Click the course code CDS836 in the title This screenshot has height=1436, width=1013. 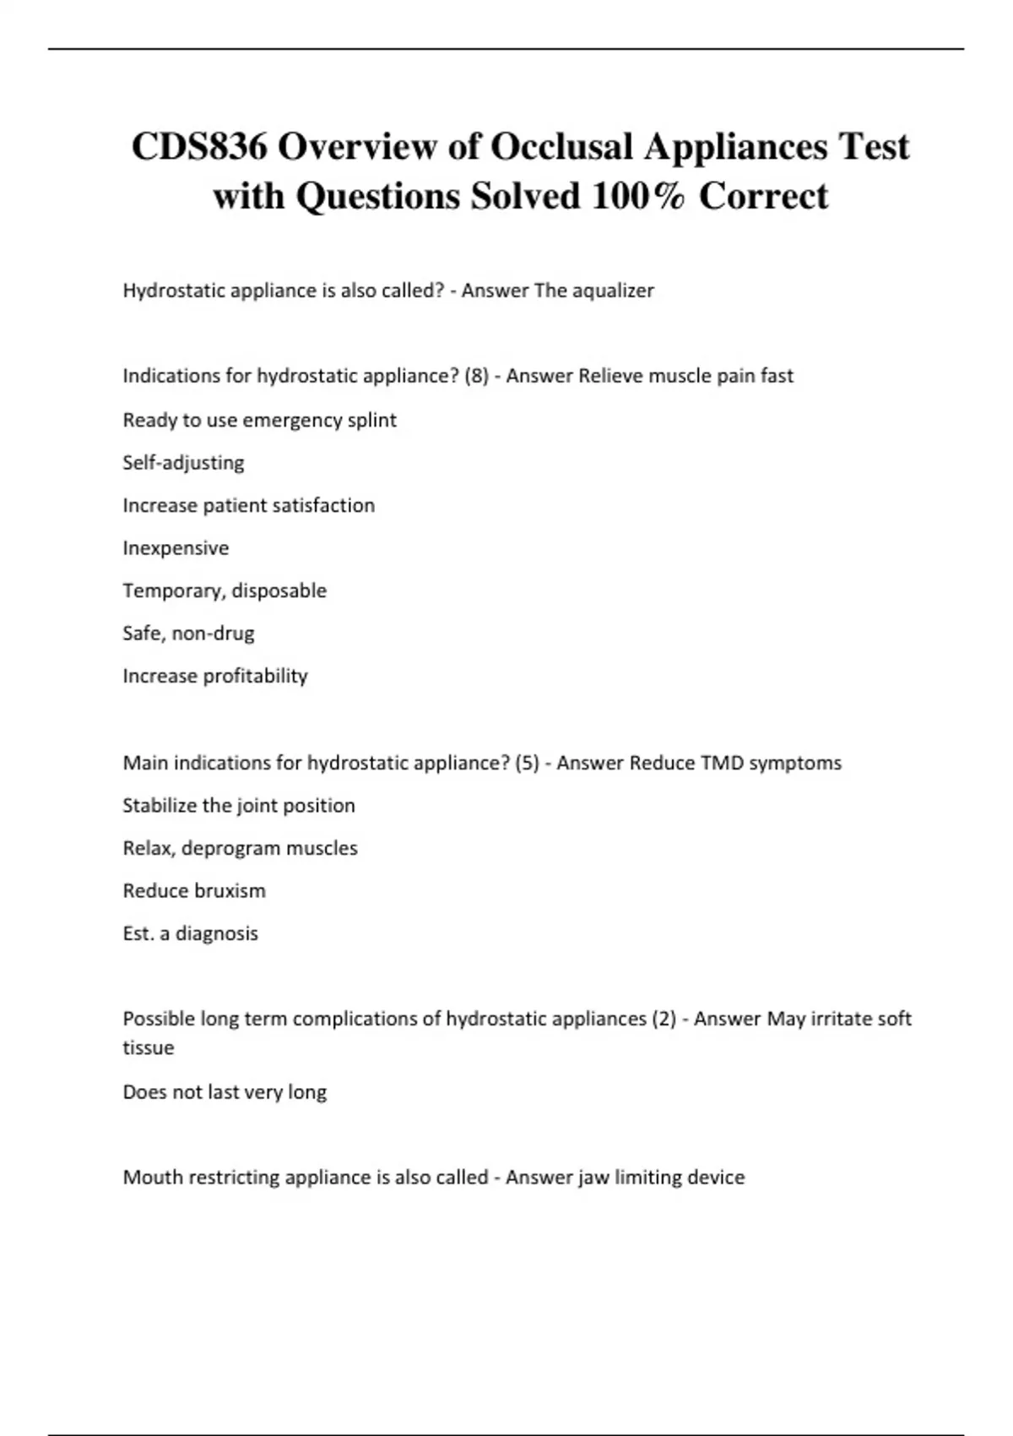tap(199, 147)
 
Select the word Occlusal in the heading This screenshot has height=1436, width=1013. tap(562, 147)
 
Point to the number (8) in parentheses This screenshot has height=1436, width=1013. tap(477, 376)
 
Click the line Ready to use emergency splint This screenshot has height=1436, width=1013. tap(259, 420)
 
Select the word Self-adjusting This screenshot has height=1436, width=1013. tap(183, 463)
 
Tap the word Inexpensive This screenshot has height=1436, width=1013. tap(176, 548)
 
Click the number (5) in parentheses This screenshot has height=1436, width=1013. tap(527, 763)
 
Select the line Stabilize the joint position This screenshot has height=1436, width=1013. tap(239, 806)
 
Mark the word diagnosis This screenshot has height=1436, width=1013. tap(216, 933)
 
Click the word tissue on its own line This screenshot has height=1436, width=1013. tap(149, 1047)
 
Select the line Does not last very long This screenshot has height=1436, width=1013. tap(225, 1092)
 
